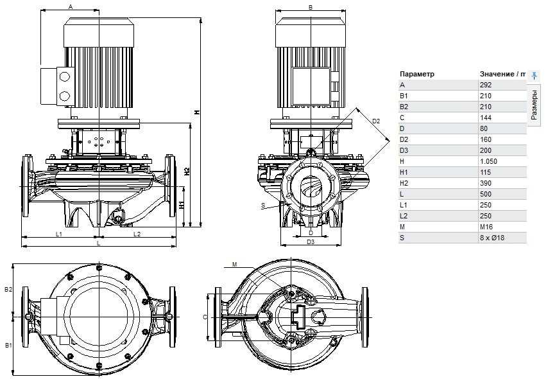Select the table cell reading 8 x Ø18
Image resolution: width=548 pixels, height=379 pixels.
pos(492,238)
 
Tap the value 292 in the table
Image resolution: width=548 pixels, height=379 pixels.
pos(485,85)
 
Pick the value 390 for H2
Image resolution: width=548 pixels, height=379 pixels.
pos(485,183)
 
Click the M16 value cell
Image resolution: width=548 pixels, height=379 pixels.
pos(486,227)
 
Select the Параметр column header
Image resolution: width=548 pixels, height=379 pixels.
pos(417,74)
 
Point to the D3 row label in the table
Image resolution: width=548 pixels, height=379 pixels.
pos(404,150)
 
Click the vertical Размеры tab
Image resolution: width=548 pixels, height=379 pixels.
pos(535,105)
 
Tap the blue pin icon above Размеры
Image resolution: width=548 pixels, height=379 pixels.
pos(535,75)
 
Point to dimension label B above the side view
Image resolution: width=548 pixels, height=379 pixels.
pos(311,7)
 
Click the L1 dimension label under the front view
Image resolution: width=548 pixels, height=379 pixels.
pos(58,234)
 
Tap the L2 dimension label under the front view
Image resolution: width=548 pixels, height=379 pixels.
pos(137,234)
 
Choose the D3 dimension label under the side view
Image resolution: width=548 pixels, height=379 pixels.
pos(311,242)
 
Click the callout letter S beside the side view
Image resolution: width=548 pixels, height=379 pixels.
pos(263,205)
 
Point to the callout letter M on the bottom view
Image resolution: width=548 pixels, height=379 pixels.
pos(235,264)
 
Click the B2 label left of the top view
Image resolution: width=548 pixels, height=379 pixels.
pos(8,290)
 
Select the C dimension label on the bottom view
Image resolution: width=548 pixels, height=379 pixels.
pos(205,317)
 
